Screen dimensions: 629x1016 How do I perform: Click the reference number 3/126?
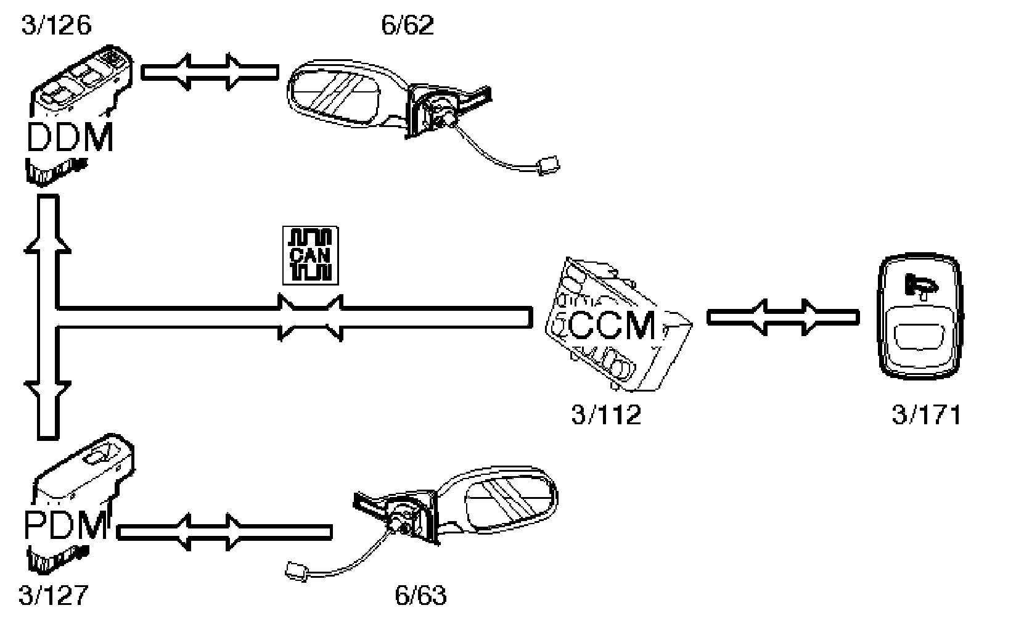point(56,26)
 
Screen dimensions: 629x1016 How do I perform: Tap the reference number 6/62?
point(408,26)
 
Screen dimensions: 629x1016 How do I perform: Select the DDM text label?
point(70,138)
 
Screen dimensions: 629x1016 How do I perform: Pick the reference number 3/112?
point(606,415)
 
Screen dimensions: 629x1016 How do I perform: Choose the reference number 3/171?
point(926,415)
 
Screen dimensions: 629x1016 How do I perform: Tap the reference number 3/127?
point(54,596)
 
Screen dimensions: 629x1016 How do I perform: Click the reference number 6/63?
point(420,596)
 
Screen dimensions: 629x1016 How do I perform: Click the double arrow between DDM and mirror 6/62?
point(210,72)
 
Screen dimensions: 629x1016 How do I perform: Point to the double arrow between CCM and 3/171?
point(782,317)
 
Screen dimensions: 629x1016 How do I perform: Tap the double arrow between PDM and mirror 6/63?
point(224,532)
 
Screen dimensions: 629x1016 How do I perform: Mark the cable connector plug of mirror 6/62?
point(547,165)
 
